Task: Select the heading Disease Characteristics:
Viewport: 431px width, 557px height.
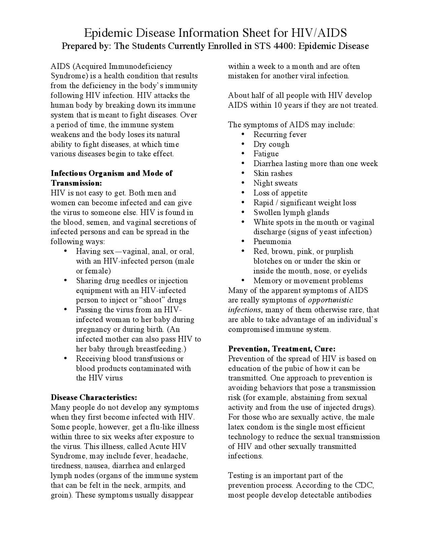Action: (94, 398)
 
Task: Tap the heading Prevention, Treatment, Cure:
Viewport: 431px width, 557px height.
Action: (282, 349)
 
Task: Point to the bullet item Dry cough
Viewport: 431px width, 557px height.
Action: (271, 144)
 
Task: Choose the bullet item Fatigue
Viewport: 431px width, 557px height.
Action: (266, 154)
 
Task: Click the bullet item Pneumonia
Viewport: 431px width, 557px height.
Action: (272, 242)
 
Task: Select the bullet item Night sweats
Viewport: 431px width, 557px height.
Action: (275, 183)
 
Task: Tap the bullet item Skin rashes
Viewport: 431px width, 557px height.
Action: (273, 174)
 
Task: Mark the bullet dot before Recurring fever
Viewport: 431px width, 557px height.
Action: (243, 134)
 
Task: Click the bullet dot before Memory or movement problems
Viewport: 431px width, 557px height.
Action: (243, 280)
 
